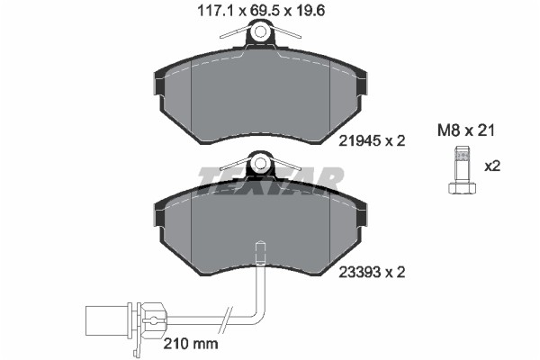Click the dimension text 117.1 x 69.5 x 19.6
(x=261, y=11)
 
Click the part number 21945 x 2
(x=372, y=140)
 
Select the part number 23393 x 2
(x=372, y=273)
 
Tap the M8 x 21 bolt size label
(x=465, y=130)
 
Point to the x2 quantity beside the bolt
(x=492, y=166)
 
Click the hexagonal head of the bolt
(x=463, y=188)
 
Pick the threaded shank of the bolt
(x=463, y=165)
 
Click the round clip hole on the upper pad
(x=260, y=31)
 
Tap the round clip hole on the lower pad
(x=260, y=163)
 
